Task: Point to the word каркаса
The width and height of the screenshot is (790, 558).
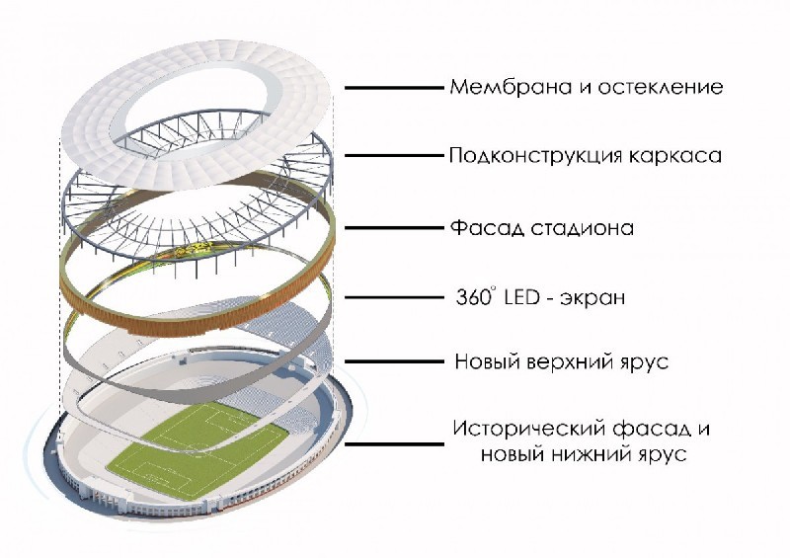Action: click(680, 156)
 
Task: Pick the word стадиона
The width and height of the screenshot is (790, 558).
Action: click(578, 228)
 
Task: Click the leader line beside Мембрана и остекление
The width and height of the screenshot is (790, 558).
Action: click(393, 88)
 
